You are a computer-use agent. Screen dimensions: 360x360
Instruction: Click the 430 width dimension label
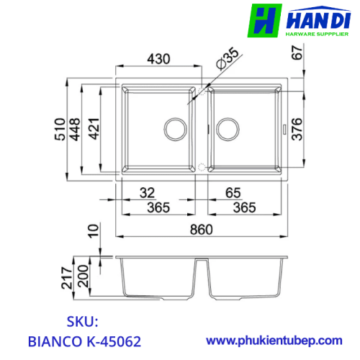coord(158,59)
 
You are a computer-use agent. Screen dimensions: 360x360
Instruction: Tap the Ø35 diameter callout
coord(228,58)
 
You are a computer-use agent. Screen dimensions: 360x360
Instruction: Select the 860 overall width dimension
coord(202,230)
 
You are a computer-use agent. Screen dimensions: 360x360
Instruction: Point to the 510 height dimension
coord(60,129)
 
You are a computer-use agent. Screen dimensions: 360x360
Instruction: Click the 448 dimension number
coord(75,129)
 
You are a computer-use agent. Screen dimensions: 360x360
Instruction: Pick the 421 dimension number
coord(94,129)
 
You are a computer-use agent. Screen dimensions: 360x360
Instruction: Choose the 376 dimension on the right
coord(297,129)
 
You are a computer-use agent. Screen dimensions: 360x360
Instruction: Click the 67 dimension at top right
coord(297,53)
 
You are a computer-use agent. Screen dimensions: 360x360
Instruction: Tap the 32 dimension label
coord(147,193)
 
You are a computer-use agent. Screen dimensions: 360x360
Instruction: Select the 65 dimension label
coord(233,193)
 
